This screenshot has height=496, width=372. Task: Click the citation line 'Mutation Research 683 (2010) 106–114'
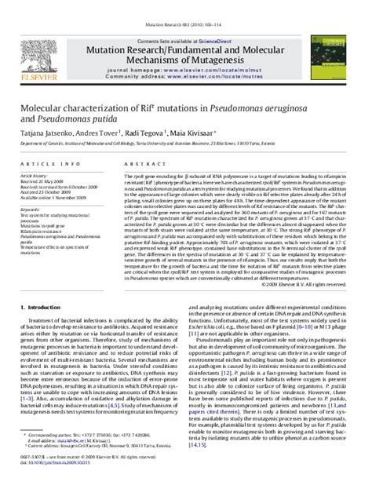186,5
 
